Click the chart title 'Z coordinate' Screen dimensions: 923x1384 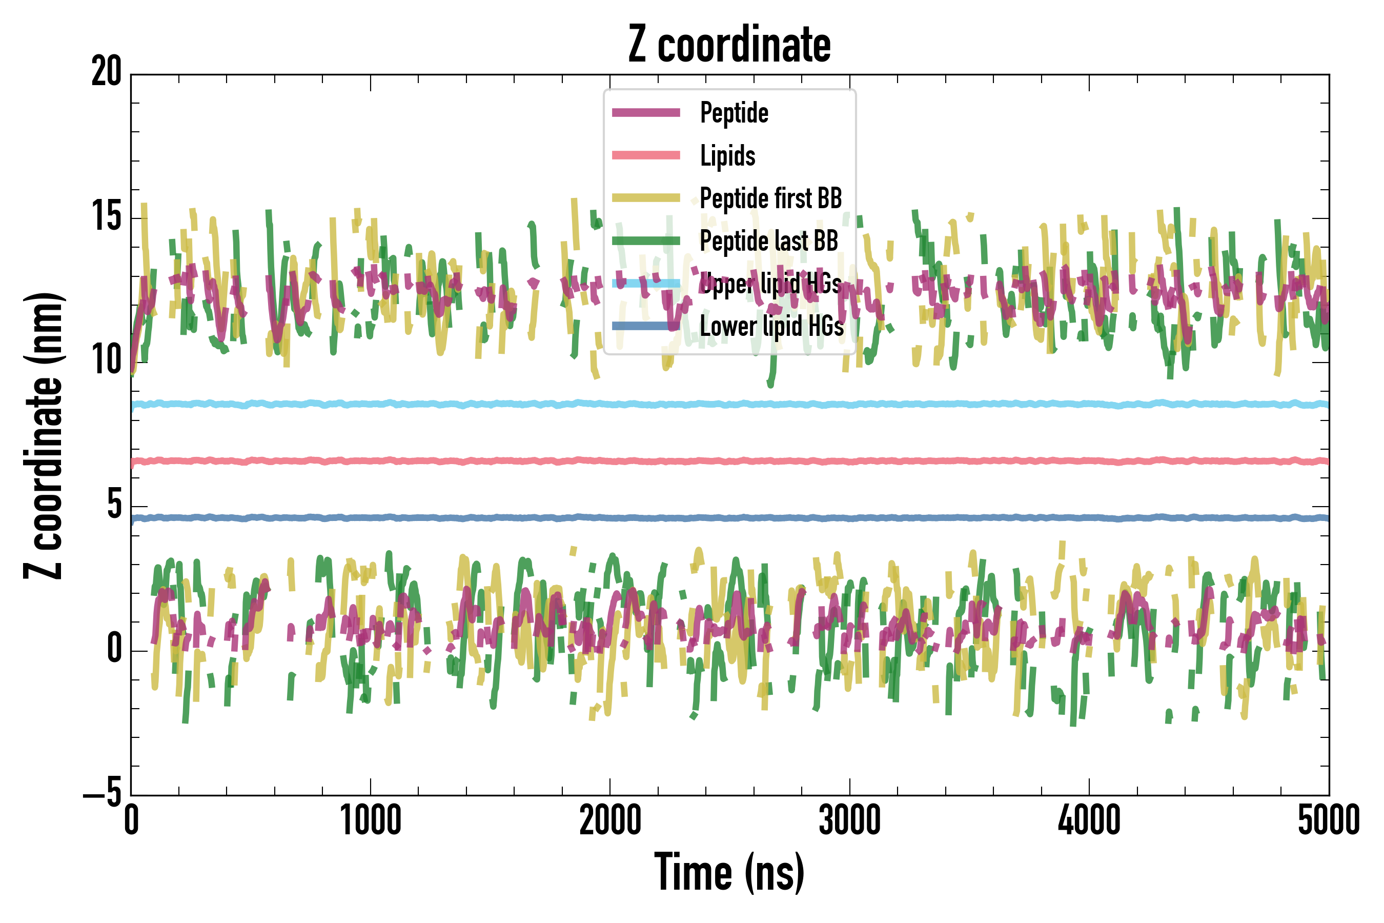click(729, 45)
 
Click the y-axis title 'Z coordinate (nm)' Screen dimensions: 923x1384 click(44, 435)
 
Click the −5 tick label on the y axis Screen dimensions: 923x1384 click(103, 794)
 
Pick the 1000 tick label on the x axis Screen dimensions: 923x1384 click(371, 820)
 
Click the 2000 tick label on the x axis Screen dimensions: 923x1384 click(610, 820)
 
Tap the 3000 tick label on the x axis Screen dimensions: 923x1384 click(850, 820)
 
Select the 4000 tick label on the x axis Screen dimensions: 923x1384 click(1089, 820)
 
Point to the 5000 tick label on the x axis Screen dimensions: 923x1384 click(1329, 820)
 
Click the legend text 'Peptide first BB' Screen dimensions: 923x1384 click(771, 198)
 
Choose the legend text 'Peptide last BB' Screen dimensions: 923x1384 click(768, 241)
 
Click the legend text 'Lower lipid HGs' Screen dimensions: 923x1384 click(771, 326)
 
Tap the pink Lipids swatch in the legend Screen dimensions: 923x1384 click(646, 155)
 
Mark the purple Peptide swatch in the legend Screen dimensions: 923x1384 click(646, 113)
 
